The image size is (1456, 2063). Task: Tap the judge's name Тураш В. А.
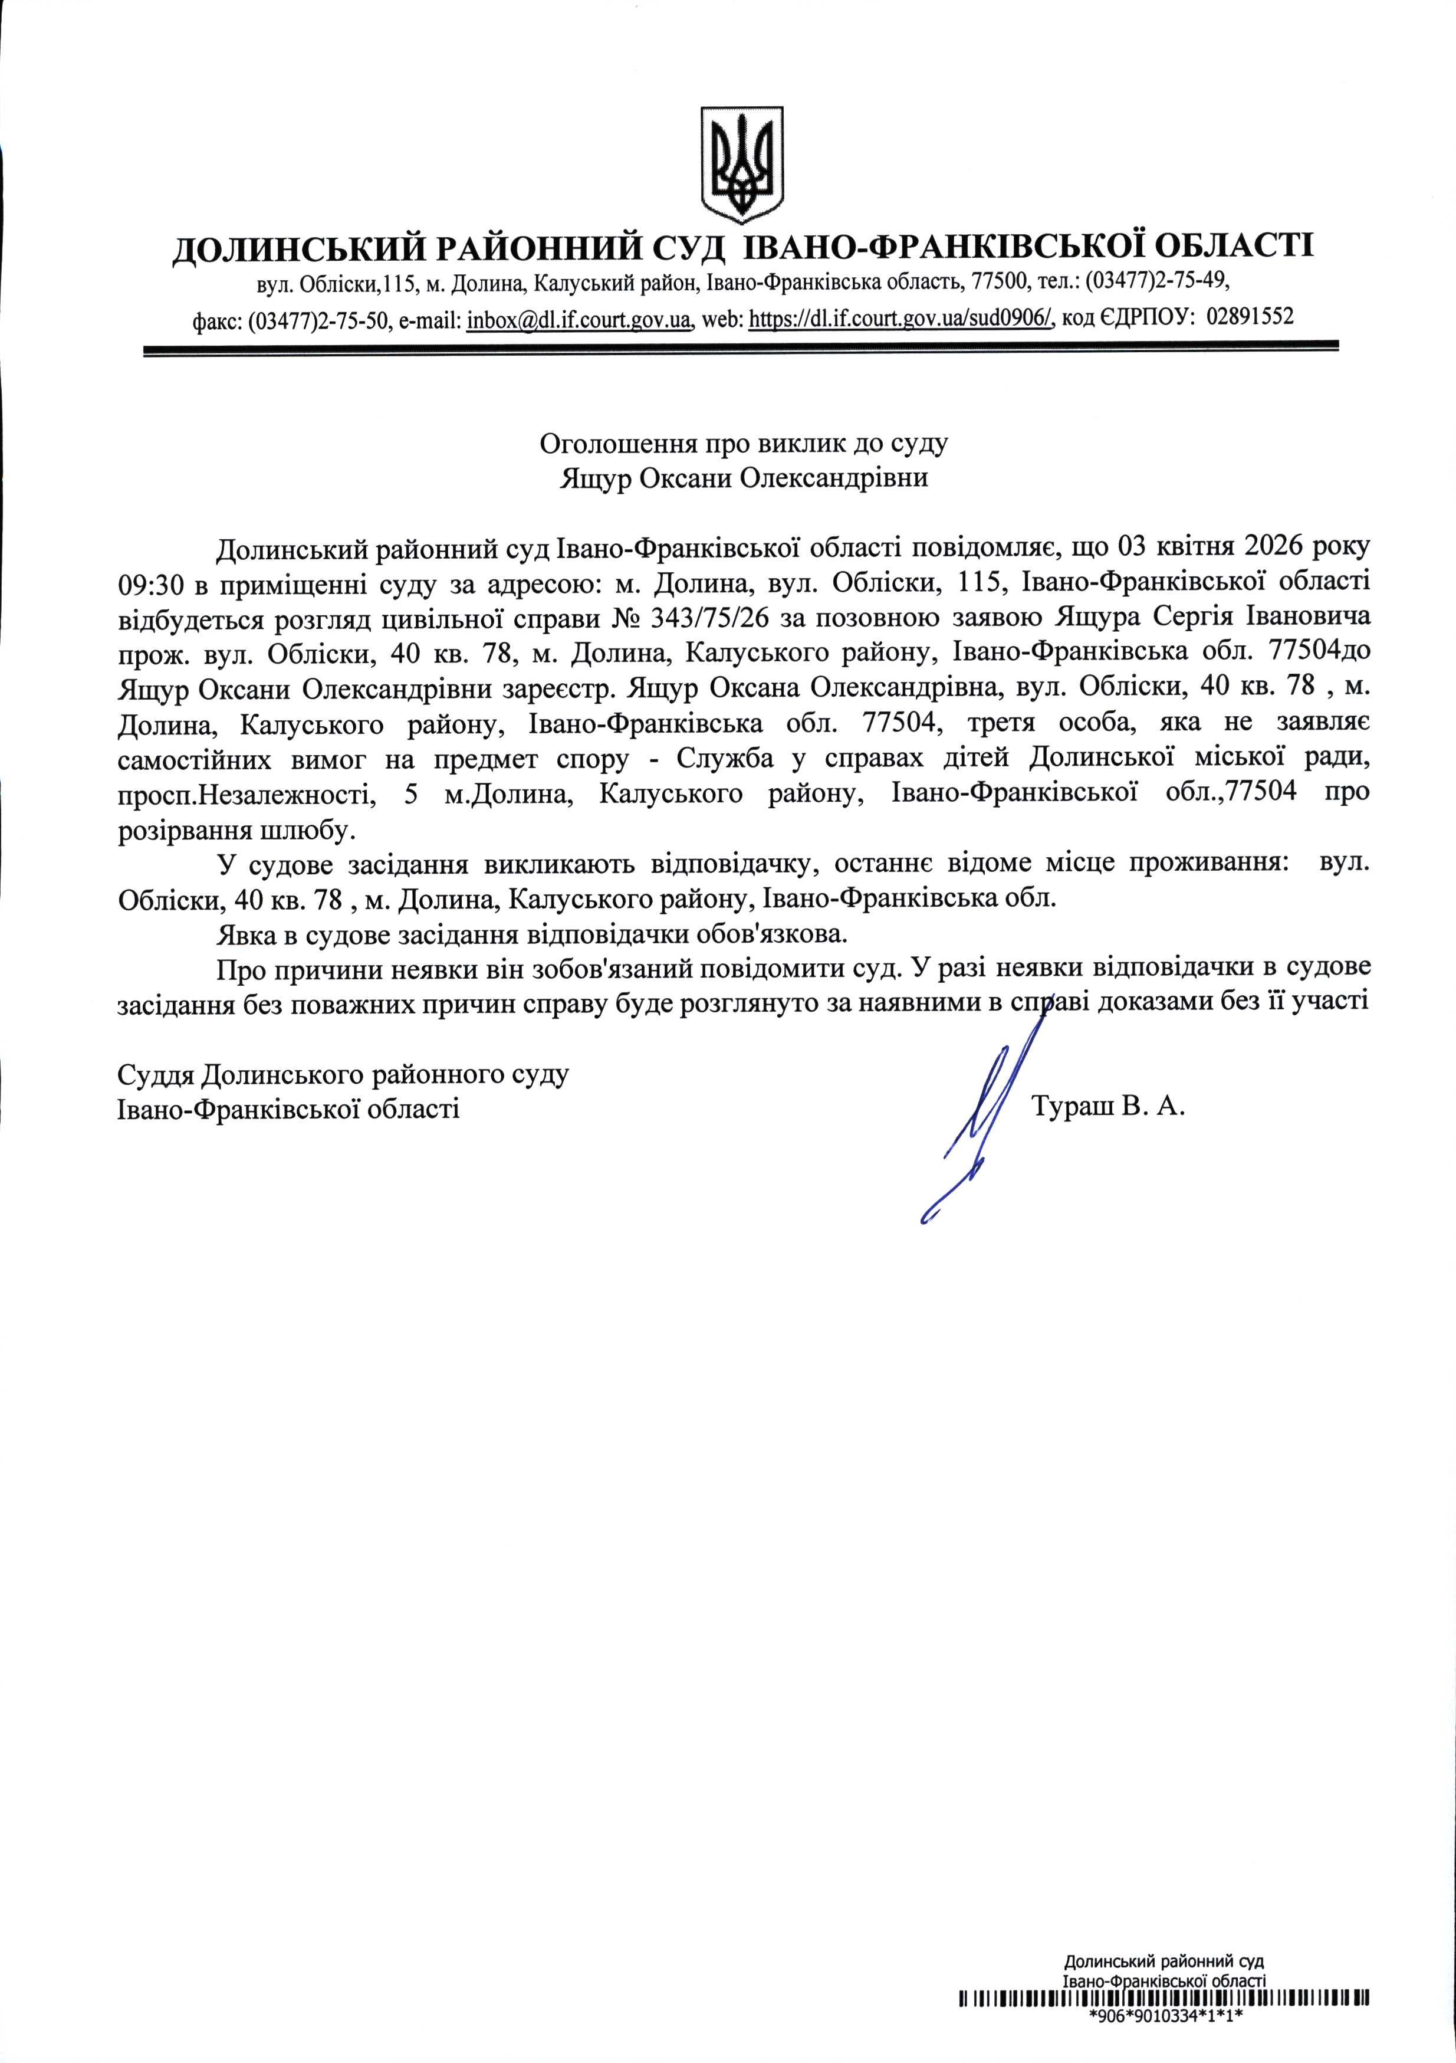[x=1109, y=1107]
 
